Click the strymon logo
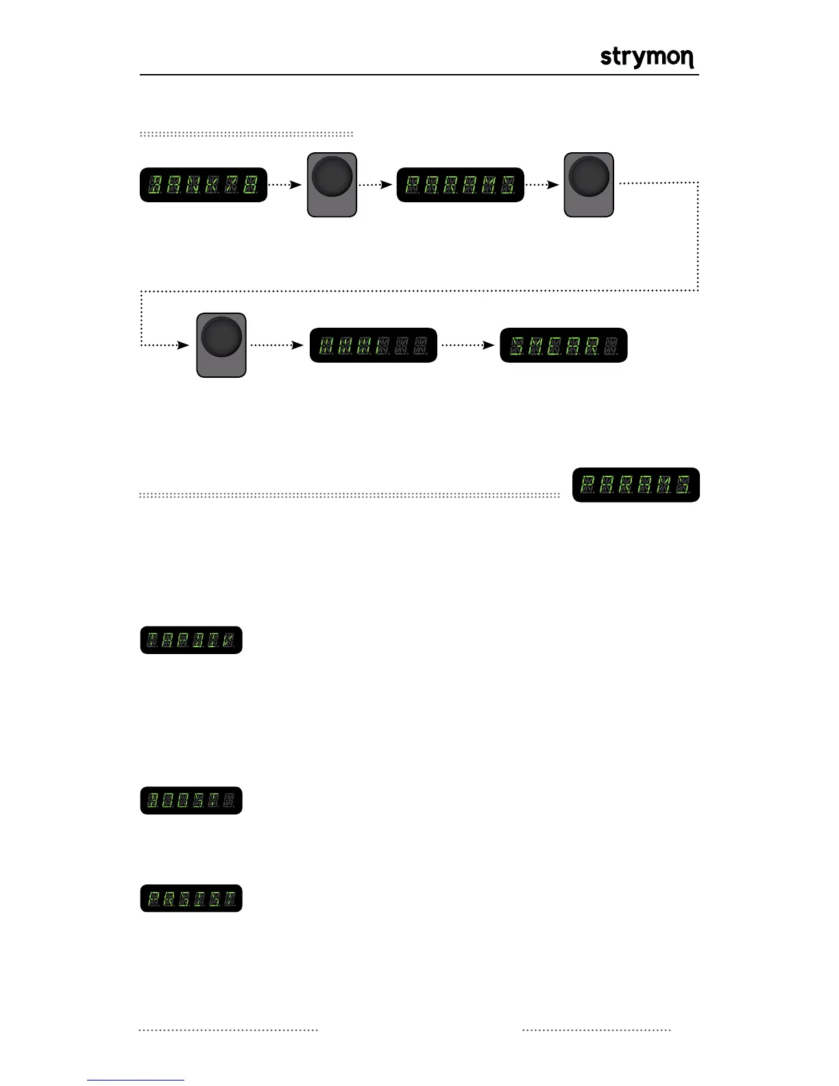(647, 58)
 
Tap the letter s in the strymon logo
(605, 57)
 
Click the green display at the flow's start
(203, 184)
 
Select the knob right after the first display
(332, 184)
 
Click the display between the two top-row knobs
(460, 184)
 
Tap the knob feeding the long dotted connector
(589, 184)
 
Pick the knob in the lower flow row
(221, 345)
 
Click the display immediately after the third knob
(374, 345)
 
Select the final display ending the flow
(563, 345)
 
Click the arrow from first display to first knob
(285, 184)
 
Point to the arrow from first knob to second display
(376, 184)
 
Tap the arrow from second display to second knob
(543, 184)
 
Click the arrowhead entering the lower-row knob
(183, 345)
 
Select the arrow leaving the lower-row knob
(277, 345)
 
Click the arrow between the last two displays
(468, 345)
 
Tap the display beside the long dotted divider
(635, 485)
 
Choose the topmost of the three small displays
(191, 640)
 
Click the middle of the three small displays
(191, 800)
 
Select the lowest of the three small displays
(191, 898)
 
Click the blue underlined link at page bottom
(136, 1080)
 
